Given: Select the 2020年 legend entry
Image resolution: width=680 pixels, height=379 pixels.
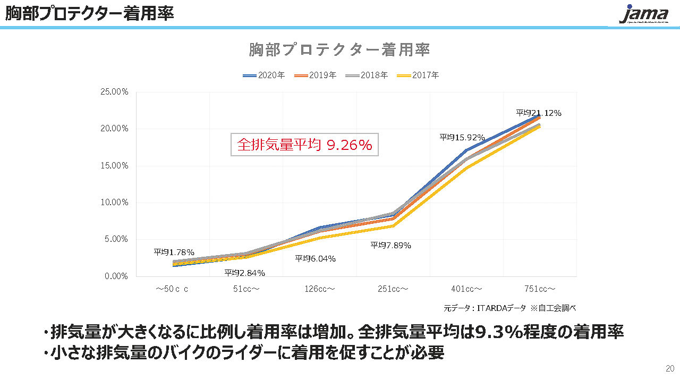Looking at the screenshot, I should click(x=264, y=75).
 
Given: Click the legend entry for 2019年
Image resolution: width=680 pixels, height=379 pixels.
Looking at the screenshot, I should click(x=315, y=75).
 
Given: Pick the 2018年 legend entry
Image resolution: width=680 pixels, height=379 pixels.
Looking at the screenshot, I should click(x=367, y=75).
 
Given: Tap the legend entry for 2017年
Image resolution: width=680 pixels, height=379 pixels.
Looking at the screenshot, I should click(x=418, y=75).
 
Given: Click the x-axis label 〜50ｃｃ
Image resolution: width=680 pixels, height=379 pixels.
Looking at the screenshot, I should click(x=172, y=289).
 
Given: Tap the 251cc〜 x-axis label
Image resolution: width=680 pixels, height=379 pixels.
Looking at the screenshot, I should click(x=393, y=289).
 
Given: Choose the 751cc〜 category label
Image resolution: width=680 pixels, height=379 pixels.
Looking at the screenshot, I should click(x=540, y=289).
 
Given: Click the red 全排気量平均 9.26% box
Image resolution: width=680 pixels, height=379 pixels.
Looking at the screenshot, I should click(x=304, y=145).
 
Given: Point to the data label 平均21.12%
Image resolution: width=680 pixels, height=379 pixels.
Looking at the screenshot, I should click(x=539, y=113).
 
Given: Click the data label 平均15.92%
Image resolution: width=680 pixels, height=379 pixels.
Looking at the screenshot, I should click(x=462, y=137).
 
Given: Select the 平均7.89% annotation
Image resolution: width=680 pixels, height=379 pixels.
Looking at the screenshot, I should click(x=390, y=245).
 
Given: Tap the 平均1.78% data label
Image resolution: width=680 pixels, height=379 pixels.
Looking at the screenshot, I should click(x=174, y=252).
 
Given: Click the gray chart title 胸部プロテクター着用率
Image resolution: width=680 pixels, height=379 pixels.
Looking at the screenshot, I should click(x=339, y=50).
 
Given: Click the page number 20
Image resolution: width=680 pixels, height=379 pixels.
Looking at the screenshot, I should click(x=670, y=368).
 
